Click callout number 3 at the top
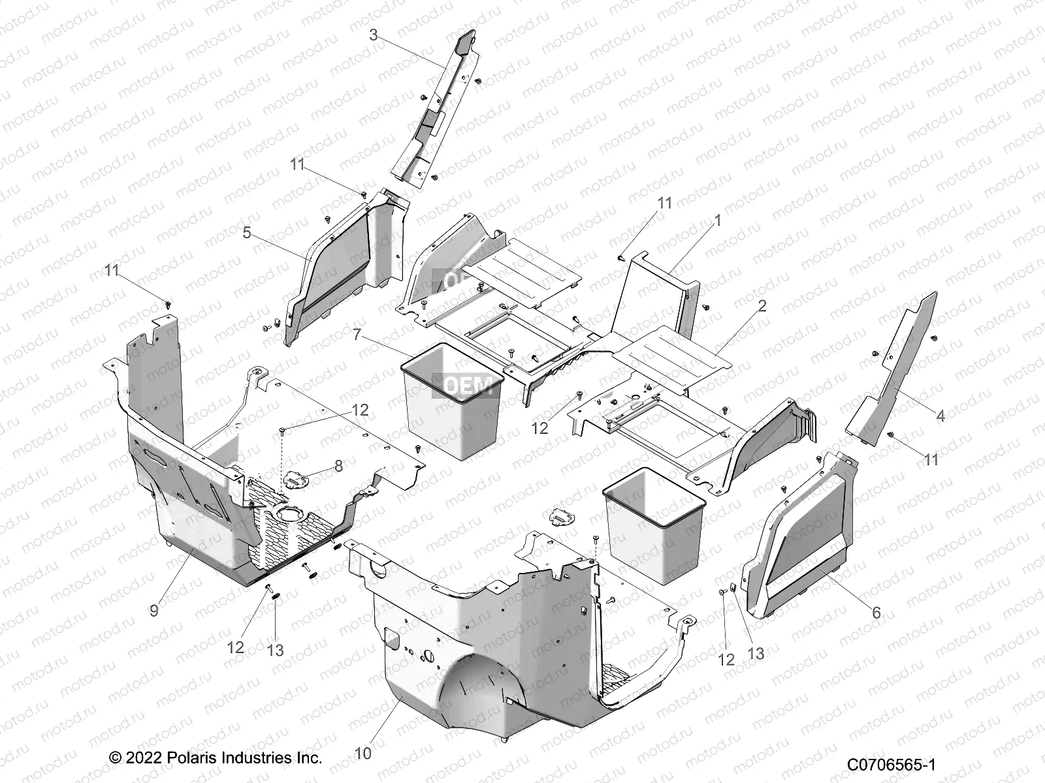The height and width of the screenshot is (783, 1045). pyautogui.click(x=373, y=35)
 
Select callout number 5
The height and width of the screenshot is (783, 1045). pyautogui.click(x=247, y=232)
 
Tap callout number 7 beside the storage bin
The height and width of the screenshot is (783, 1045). pyautogui.click(x=357, y=335)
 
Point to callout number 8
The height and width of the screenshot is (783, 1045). pyautogui.click(x=338, y=467)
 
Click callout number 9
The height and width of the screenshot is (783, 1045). pyautogui.click(x=154, y=610)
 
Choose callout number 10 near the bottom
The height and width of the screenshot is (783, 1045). pyautogui.click(x=363, y=754)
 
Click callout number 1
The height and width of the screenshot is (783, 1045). pyautogui.click(x=718, y=221)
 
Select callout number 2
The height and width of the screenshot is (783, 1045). pyautogui.click(x=762, y=305)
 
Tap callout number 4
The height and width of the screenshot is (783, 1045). pyautogui.click(x=940, y=416)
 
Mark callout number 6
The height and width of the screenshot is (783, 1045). pyautogui.click(x=876, y=613)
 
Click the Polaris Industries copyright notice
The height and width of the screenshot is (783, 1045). pyautogui.click(x=216, y=758)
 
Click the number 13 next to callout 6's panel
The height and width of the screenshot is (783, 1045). pyautogui.click(x=756, y=654)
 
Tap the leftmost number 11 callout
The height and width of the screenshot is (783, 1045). pyautogui.click(x=112, y=270)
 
